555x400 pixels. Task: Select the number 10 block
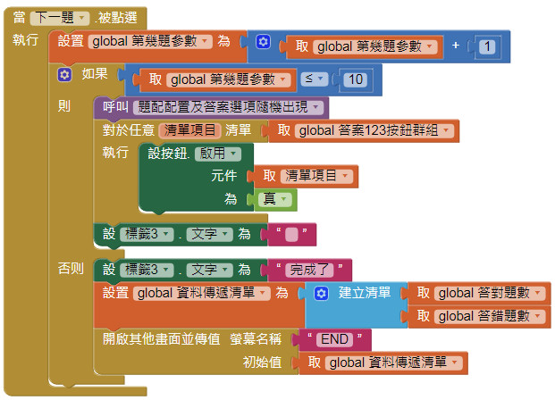coord(355,79)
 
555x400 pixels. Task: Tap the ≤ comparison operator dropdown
coord(315,79)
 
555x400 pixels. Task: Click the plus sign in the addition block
coord(456,46)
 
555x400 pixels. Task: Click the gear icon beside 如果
coord(64,74)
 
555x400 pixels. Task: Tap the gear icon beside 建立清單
coord(322,292)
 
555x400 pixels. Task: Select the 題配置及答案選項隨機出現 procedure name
coord(229,107)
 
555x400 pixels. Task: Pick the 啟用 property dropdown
coord(219,153)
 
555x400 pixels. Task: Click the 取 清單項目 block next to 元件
coord(306,176)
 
